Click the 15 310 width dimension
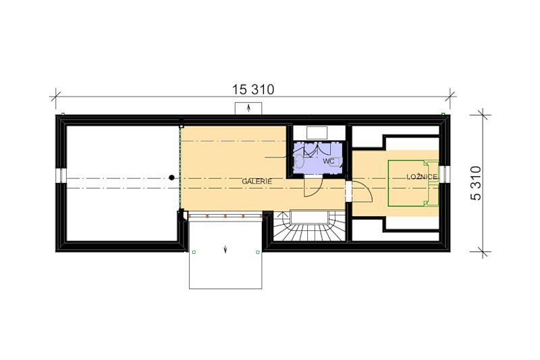[254, 90]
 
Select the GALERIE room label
[257, 181]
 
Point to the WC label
[329, 161]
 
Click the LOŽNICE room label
[422, 177]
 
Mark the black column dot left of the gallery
[171, 178]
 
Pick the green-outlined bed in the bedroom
[413, 183]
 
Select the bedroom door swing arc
[366, 190]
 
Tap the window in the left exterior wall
[61, 176]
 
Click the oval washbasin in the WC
[299, 161]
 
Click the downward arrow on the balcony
[225, 249]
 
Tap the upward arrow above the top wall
[248, 108]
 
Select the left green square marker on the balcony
[194, 252]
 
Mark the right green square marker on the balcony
[258, 252]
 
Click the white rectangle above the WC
[317, 132]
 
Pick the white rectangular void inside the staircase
[309, 217]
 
